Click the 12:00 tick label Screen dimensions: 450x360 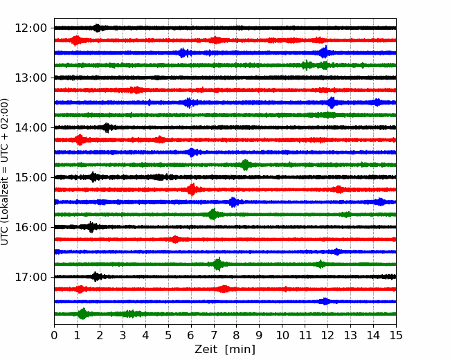pos(30,28)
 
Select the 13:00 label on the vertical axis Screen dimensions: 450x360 pos(30,78)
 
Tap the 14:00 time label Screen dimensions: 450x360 pos(30,127)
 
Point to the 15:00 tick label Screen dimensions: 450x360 pos(30,177)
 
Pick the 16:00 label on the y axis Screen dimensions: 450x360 pos(30,227)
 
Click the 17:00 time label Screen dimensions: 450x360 pos(30,277)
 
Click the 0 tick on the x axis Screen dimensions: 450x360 pos(54,335)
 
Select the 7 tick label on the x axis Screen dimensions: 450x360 pos(214,335)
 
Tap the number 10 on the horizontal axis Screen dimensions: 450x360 pos(282,335)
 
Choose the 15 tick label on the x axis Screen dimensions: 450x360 pos(396,335)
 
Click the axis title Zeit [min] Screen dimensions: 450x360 pos(225,350)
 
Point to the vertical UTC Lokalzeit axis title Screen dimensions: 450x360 pos(5,172)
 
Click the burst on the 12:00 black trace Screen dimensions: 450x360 pos(98,28)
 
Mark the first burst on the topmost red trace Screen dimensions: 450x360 pos(76,40)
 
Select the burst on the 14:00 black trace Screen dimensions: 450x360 pos(107,127)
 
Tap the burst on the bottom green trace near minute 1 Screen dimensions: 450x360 pos(82,314)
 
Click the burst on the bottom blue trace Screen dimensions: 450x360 pos(325,301)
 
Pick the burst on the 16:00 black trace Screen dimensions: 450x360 pos(91,227)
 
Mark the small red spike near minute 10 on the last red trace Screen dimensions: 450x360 pos(285,289)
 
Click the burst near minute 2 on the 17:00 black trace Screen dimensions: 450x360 pos(96,277)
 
